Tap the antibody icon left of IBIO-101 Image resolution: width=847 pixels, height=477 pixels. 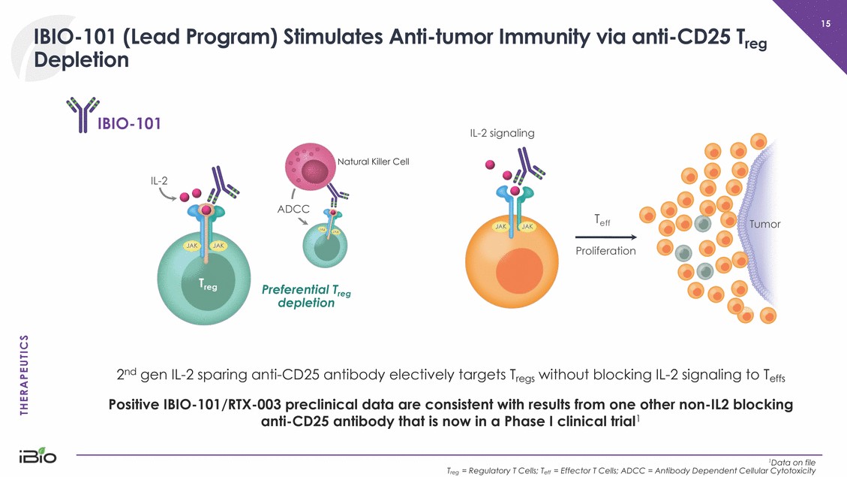tap(79, 114)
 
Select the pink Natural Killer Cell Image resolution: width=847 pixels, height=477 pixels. tap(309, 166)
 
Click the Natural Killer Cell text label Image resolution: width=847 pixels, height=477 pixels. tap(373, 162)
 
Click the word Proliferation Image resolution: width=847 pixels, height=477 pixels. tap(605, 250)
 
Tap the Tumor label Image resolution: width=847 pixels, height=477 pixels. tap(764, 224)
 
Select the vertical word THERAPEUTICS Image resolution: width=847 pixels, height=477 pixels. tap(24, 373)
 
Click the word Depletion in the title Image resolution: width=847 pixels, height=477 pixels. tap(81, 60)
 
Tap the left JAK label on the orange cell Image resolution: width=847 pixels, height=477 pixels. tap(500, 226)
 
